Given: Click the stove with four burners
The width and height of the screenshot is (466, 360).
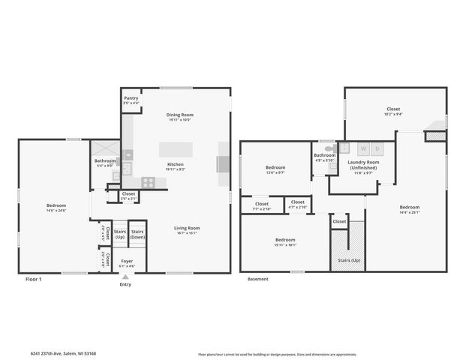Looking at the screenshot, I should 149,181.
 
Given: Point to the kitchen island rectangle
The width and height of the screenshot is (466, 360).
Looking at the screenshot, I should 176,148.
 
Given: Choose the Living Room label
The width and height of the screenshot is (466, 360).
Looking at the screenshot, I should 186,229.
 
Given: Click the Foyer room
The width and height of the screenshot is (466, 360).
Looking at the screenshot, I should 128,263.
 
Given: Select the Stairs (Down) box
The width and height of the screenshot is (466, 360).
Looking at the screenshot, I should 137,234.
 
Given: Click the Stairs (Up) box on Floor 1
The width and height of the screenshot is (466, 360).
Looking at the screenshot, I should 119,234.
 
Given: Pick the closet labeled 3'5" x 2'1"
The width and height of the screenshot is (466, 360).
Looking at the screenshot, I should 128,196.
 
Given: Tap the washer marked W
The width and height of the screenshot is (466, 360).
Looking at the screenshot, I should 362,148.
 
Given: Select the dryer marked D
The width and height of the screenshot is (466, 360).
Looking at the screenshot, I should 377,148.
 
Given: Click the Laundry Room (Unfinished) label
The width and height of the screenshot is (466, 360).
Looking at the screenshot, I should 362,165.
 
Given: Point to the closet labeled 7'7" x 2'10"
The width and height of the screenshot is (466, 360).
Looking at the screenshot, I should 262,205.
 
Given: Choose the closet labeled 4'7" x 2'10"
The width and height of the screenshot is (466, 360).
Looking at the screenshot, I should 298,204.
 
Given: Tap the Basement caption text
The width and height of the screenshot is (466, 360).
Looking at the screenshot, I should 257,279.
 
